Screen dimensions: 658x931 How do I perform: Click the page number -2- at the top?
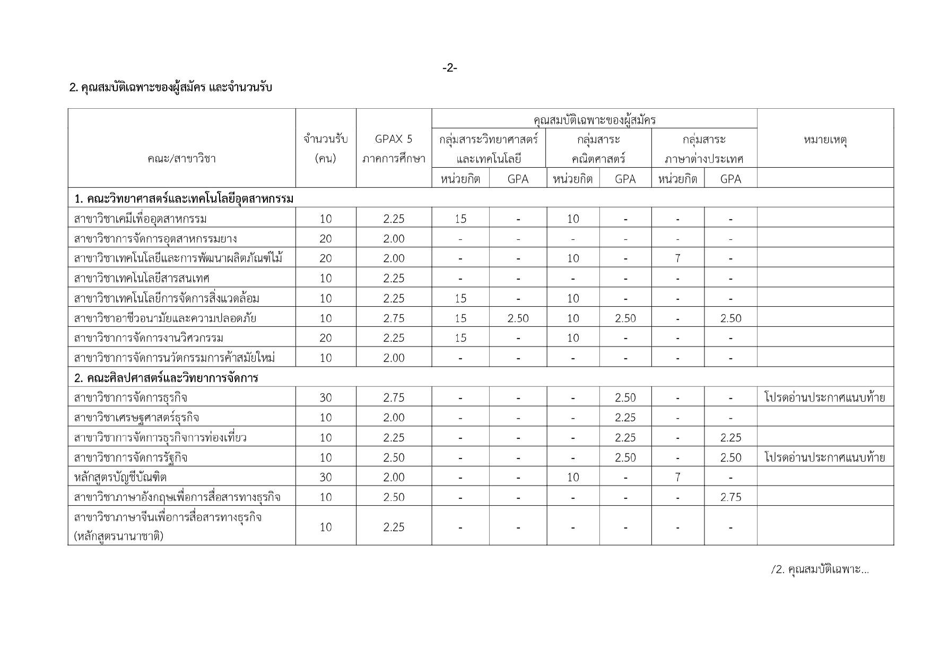pos(449,68)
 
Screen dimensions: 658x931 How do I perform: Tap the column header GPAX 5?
pos(394,140)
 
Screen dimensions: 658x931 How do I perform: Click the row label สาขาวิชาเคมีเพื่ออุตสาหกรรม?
pos(141,219)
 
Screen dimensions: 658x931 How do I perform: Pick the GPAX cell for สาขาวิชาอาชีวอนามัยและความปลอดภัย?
pos(394,318)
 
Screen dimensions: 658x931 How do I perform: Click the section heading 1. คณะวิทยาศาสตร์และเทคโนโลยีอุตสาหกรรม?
pos(184,198)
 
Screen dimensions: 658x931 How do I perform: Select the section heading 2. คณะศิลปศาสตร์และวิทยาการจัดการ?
pos(166,378)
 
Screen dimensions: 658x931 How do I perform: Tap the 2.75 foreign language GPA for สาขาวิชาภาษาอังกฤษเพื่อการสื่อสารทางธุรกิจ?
pos(730,497)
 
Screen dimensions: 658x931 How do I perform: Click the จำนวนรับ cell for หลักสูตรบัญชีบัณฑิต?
pos(326,477)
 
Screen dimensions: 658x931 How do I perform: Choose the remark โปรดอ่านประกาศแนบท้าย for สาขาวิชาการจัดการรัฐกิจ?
pos(824,457)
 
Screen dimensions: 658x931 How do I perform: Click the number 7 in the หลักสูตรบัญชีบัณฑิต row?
pos(677,477)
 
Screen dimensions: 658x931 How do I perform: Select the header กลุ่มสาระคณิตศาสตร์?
pos(599,149)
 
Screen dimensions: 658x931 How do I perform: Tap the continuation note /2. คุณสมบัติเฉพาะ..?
pos(820,570)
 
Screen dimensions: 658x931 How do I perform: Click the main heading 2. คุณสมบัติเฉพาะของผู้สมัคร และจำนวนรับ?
pos(171,88)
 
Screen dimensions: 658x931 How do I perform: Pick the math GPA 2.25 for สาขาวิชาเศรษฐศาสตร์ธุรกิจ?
pos(625,418)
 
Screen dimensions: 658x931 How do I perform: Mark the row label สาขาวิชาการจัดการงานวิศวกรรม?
pos(149,338)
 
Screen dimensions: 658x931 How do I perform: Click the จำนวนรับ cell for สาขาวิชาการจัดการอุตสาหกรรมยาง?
pos(326,239)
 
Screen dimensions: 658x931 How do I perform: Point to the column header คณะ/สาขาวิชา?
pos(181,159)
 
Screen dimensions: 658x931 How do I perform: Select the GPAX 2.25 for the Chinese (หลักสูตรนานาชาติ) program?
pos(394,527)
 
